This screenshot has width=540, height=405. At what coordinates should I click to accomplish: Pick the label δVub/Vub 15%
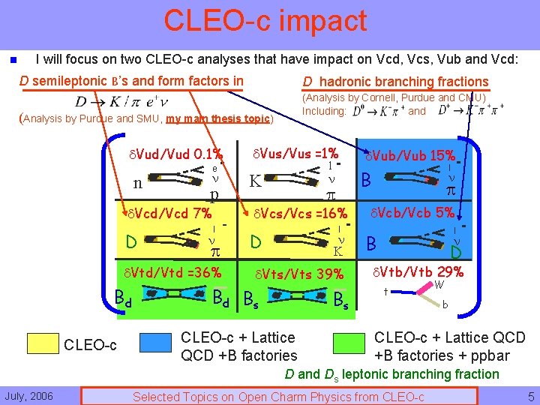[x=409, y=156]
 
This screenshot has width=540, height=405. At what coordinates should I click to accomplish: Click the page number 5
[x=530, y=396]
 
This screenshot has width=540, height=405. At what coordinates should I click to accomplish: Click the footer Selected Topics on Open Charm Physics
[x=278, y=397]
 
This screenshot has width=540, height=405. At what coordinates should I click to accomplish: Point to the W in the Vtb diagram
[x=441, y=285]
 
